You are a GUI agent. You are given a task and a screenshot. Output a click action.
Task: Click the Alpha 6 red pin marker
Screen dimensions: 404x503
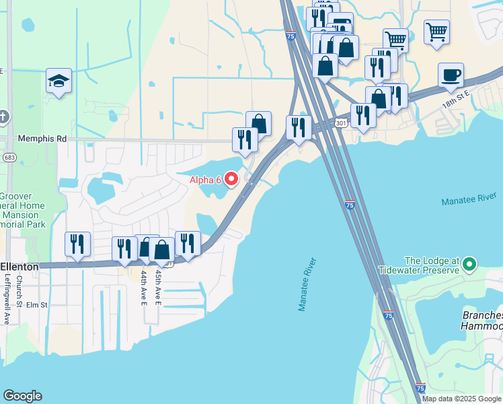click(x=231, y=178)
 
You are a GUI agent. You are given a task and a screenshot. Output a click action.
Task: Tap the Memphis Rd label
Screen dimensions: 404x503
click(x=43, y=139)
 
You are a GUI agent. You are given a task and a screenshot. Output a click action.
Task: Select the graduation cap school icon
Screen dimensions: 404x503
click(x=59, y=81)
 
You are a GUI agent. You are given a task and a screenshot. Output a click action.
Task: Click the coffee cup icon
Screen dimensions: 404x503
click(x=450, y=75)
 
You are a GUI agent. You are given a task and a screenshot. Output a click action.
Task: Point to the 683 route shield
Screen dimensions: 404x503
click(x=9, y=157)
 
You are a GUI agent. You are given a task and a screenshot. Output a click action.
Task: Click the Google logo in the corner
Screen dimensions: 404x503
click(x=22, y=396)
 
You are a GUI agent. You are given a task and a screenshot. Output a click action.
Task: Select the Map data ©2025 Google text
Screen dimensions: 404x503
click(x=462, y=399)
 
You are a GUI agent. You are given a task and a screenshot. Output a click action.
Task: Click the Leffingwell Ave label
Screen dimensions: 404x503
click(x=7, y=293)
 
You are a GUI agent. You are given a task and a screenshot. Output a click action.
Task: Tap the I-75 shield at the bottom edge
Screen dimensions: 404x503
click(x=420, y=389)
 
